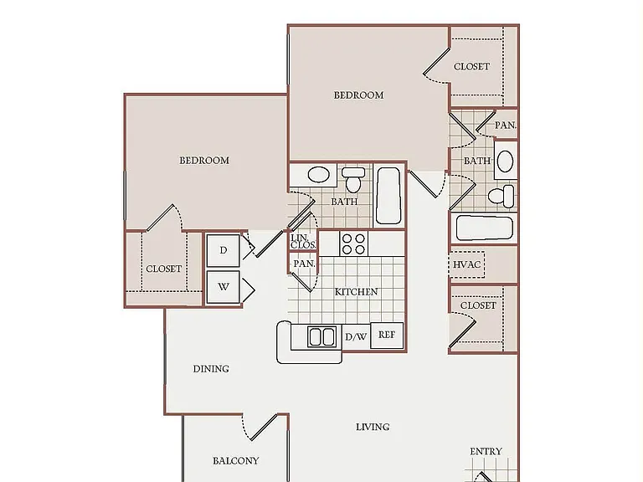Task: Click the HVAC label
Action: pyautogui.click(x=466, y=264)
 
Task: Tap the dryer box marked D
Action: pyautogui.click(x=223, y=250)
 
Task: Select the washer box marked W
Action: pyautogui.click(x=223, y=287)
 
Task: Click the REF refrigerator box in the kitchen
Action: pyautogui.click(x=387, y=336)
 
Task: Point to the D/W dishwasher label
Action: pyautogui.click(x=356, y=337)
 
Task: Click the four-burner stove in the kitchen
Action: pyautogui.click(x=353, y=244)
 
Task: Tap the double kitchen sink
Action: pyautogui.click(x=321, y=336)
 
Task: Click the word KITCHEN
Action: pyautogui.click(x=356, y=292)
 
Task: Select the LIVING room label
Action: pyautogui.click(x=373, y=427)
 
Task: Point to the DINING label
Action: pyautogui.click(x=211, y=369)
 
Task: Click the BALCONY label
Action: pyautogui.click(x=236, y=461)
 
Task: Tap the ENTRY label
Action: pyautogui.click(x=486, y=451)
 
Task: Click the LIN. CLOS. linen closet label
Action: pyautogui.click(x=303, y=242)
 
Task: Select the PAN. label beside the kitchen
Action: pyautogui.click(x=304, y=264)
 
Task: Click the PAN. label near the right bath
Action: pyautogui.click(x=505, y=125)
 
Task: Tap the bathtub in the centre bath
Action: pyautogui.click(x=388, y=196)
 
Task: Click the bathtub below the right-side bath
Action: pyautogui.click(x=484, y=228)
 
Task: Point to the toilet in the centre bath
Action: pyautogui.click(x=353, y=179)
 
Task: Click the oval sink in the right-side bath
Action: pyautogui.click(x=505, y=161)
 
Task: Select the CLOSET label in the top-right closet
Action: pyautogui.click(x=471, y=66)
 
